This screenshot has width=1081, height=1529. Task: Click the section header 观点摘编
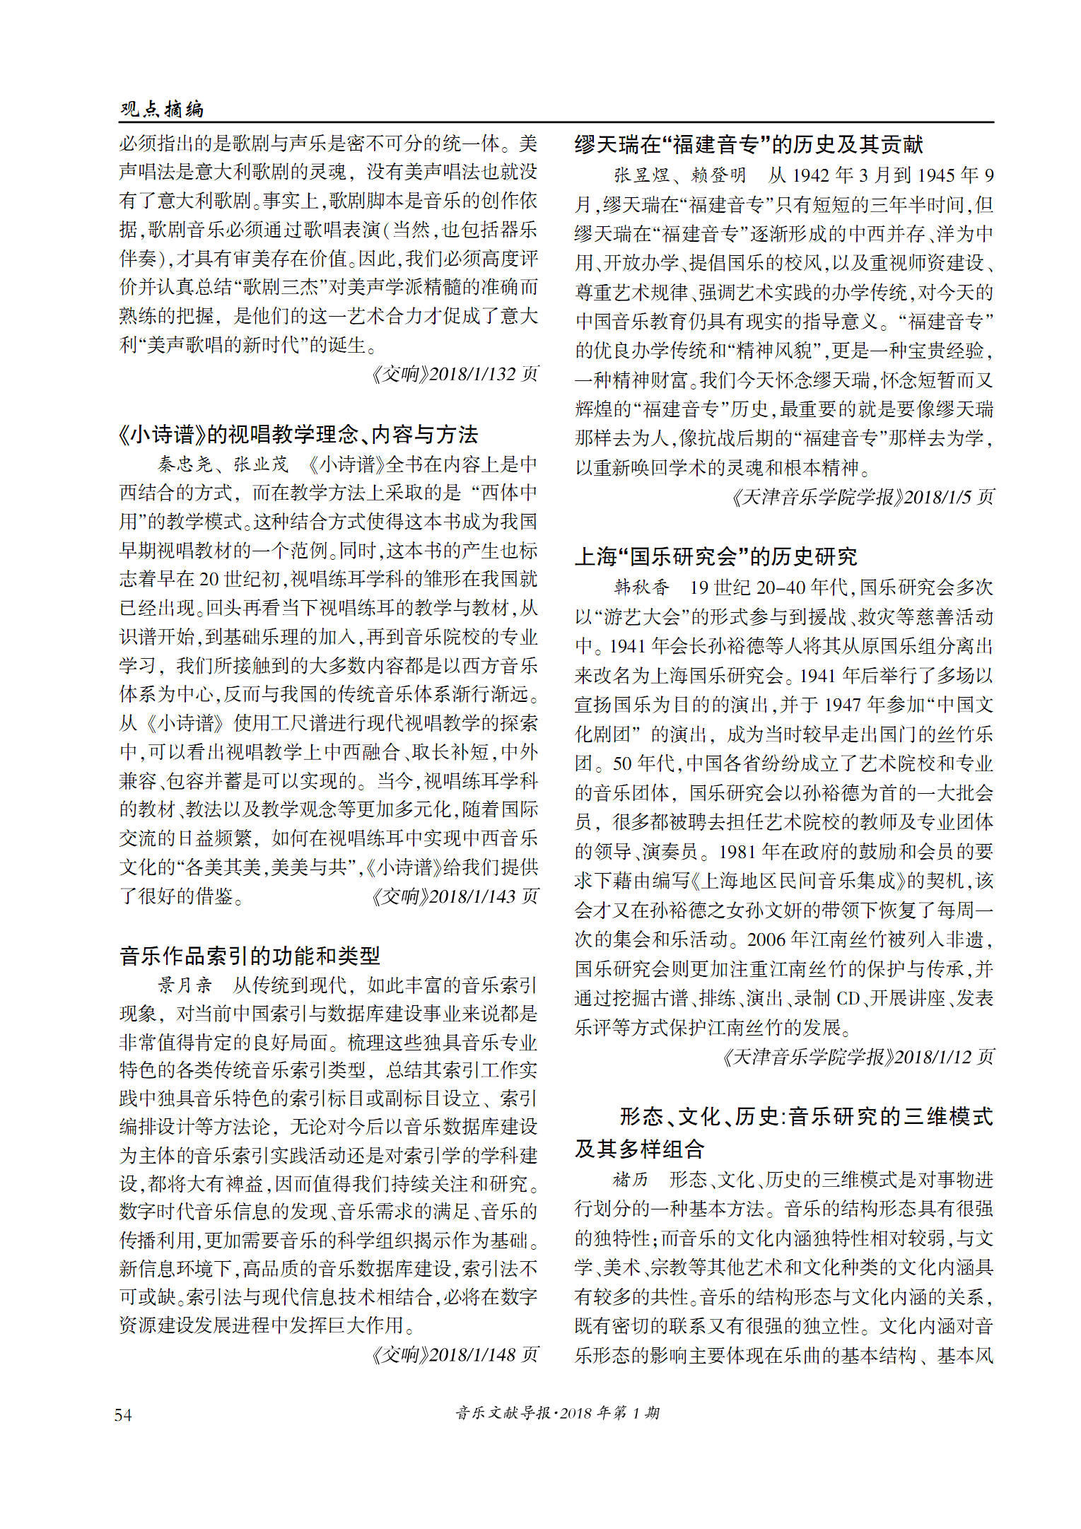162,109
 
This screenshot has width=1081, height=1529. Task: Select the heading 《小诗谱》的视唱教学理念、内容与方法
298,434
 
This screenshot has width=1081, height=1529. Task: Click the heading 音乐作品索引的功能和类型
250,956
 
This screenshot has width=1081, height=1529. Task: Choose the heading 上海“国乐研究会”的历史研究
715,557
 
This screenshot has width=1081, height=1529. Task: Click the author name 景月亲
185,985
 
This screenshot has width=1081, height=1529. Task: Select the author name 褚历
630,1179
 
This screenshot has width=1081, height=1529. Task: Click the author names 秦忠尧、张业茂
223,464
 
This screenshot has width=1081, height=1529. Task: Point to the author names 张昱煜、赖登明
679,175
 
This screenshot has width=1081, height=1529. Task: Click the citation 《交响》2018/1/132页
454,374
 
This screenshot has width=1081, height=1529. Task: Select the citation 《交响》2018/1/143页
454,896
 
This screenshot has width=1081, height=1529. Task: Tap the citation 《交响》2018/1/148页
454,1354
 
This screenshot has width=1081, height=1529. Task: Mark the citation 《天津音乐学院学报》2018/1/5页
862,497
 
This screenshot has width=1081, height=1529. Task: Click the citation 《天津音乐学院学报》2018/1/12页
857,1057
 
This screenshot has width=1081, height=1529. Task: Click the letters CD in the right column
847,998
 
